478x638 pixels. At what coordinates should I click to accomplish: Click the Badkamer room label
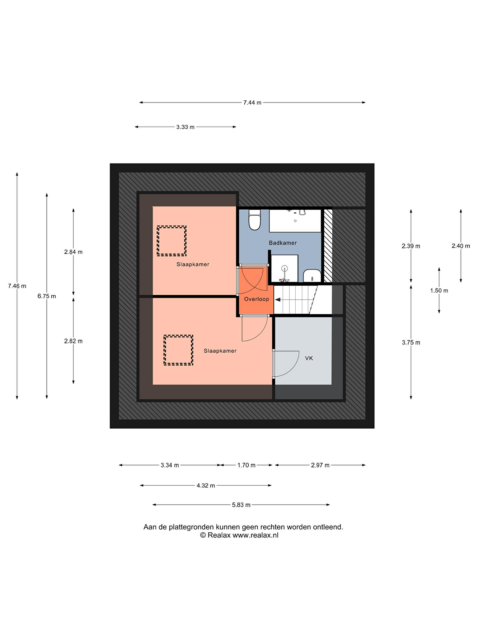[x=283, y=243]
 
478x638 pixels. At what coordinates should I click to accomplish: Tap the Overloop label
[x=256, y=299]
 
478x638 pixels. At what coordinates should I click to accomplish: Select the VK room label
[x=309, y=358]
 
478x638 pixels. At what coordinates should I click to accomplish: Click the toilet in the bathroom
[x=254, y=220]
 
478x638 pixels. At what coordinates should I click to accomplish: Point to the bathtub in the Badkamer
[x=295, y=221]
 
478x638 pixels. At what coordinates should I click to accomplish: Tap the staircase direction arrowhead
[x=278, y=300]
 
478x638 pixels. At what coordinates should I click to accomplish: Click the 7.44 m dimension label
[x=252, y=102]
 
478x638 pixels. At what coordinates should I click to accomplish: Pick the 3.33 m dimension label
[x=185, y=127]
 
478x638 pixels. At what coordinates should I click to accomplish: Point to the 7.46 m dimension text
[x=17, y=286]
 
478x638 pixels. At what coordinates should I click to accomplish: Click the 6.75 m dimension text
[x=47, y=296]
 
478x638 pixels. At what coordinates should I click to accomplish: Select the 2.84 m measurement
[x=73, y=252]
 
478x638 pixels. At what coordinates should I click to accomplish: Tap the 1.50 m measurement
[x=439, y=291]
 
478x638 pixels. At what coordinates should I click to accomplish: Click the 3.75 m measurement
[x=411, y=343]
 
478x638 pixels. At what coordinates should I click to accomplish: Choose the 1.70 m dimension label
[x=246, y=465]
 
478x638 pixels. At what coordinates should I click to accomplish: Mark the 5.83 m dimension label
[x=241, y=505]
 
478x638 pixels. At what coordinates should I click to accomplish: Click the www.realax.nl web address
[x=255, y=535]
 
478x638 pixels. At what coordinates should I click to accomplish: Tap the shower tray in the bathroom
[x=284, y=268]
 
